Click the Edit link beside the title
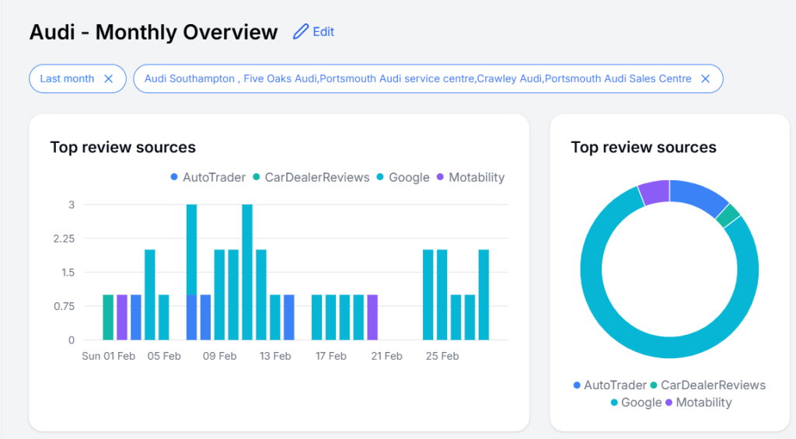323,32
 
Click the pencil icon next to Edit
300,32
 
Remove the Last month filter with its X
109,78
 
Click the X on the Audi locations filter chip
705,78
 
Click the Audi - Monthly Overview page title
153,33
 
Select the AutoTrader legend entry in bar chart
208,177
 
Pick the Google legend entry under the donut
636,402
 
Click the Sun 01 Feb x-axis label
108,356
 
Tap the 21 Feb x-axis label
386,356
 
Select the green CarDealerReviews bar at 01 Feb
108,317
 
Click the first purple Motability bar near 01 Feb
122,317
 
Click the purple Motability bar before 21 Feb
372,317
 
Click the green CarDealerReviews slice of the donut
728,216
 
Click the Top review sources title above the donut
643,148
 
